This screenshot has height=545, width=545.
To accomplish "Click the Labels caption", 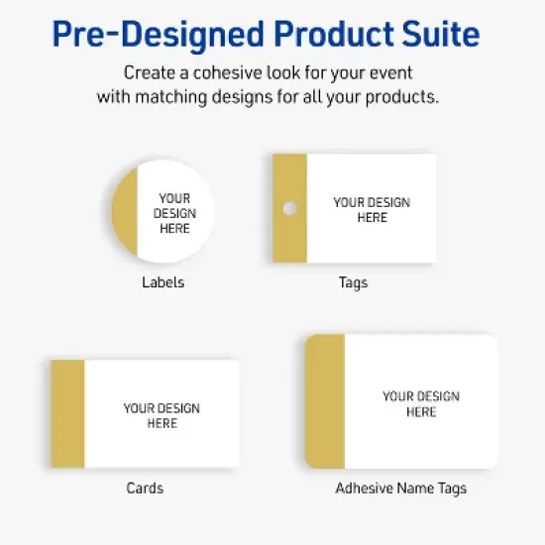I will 163,282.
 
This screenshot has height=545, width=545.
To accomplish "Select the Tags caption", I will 353,282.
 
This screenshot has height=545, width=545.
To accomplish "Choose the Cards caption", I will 145,488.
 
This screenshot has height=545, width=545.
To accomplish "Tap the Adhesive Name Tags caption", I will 400,488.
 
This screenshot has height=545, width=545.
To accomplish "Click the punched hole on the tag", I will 289,208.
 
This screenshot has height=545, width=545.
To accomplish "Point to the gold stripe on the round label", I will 123,213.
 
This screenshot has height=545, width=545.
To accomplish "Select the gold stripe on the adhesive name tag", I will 325,401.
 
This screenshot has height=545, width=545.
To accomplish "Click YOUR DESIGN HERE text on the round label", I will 174,213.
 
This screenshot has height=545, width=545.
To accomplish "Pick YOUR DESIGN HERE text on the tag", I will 372,210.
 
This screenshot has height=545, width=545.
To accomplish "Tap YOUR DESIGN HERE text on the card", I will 162,415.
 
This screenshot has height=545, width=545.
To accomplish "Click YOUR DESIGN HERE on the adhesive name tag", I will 421,403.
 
